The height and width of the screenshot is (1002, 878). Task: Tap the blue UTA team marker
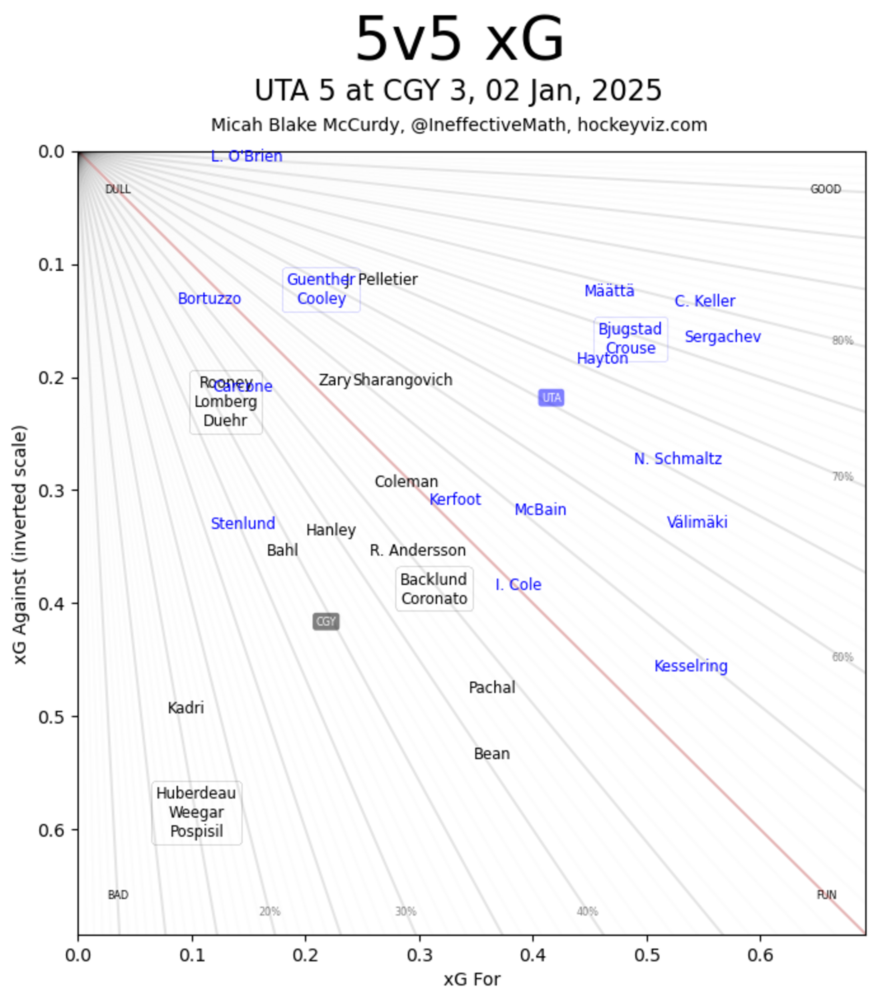pyautogui.click(x=551, y=398)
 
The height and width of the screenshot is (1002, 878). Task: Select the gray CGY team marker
pyautogui.click(x=326, y=622)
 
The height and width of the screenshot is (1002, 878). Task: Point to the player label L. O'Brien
pyautogui.click(x=246, y=156)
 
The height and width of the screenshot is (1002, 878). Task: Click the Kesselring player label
pyautogui.click(x=691, y=666)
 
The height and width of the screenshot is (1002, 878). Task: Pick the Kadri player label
pyautogui.click(x=186, y=708)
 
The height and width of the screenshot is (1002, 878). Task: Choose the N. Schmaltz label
pyautogui.click(x=678, y=459)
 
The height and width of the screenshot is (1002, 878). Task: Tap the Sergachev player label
pyautogui.click(x=723, y=337)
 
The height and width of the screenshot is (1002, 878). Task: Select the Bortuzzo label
pyautogui.click(x=209, y=299)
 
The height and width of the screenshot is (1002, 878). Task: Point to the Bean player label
pyautogui.click(x=491, y=754)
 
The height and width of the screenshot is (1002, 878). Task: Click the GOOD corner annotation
pyautogui.click(x=826, y=189)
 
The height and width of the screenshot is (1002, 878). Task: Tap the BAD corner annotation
pyautogui.click(x=118, y=895)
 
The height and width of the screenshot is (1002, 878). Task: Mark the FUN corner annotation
pyautogui.click(x=827, y=895)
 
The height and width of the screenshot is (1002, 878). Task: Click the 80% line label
pyautogui.click(x=842, y=341)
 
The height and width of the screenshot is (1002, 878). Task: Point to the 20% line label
pyautogui.click(x=270, y=912)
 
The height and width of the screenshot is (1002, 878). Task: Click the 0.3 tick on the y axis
pyautogui.click(x=51, y=490)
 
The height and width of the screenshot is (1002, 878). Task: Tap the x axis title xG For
pyautogui.click(x=472, y=980)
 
